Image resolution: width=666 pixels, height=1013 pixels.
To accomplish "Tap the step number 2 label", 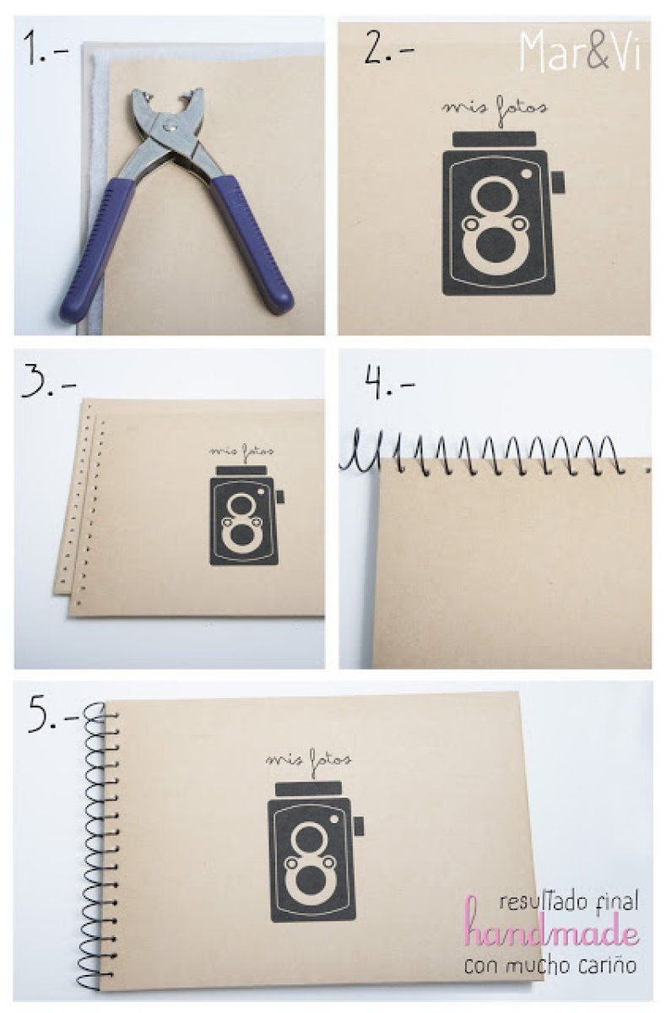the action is coord(389,46).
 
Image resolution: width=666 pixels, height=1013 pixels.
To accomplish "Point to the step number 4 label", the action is coord(390,382).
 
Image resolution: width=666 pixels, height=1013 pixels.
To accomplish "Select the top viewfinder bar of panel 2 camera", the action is coord(495,139).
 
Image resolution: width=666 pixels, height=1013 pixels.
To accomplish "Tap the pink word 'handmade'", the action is coord(551,934).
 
